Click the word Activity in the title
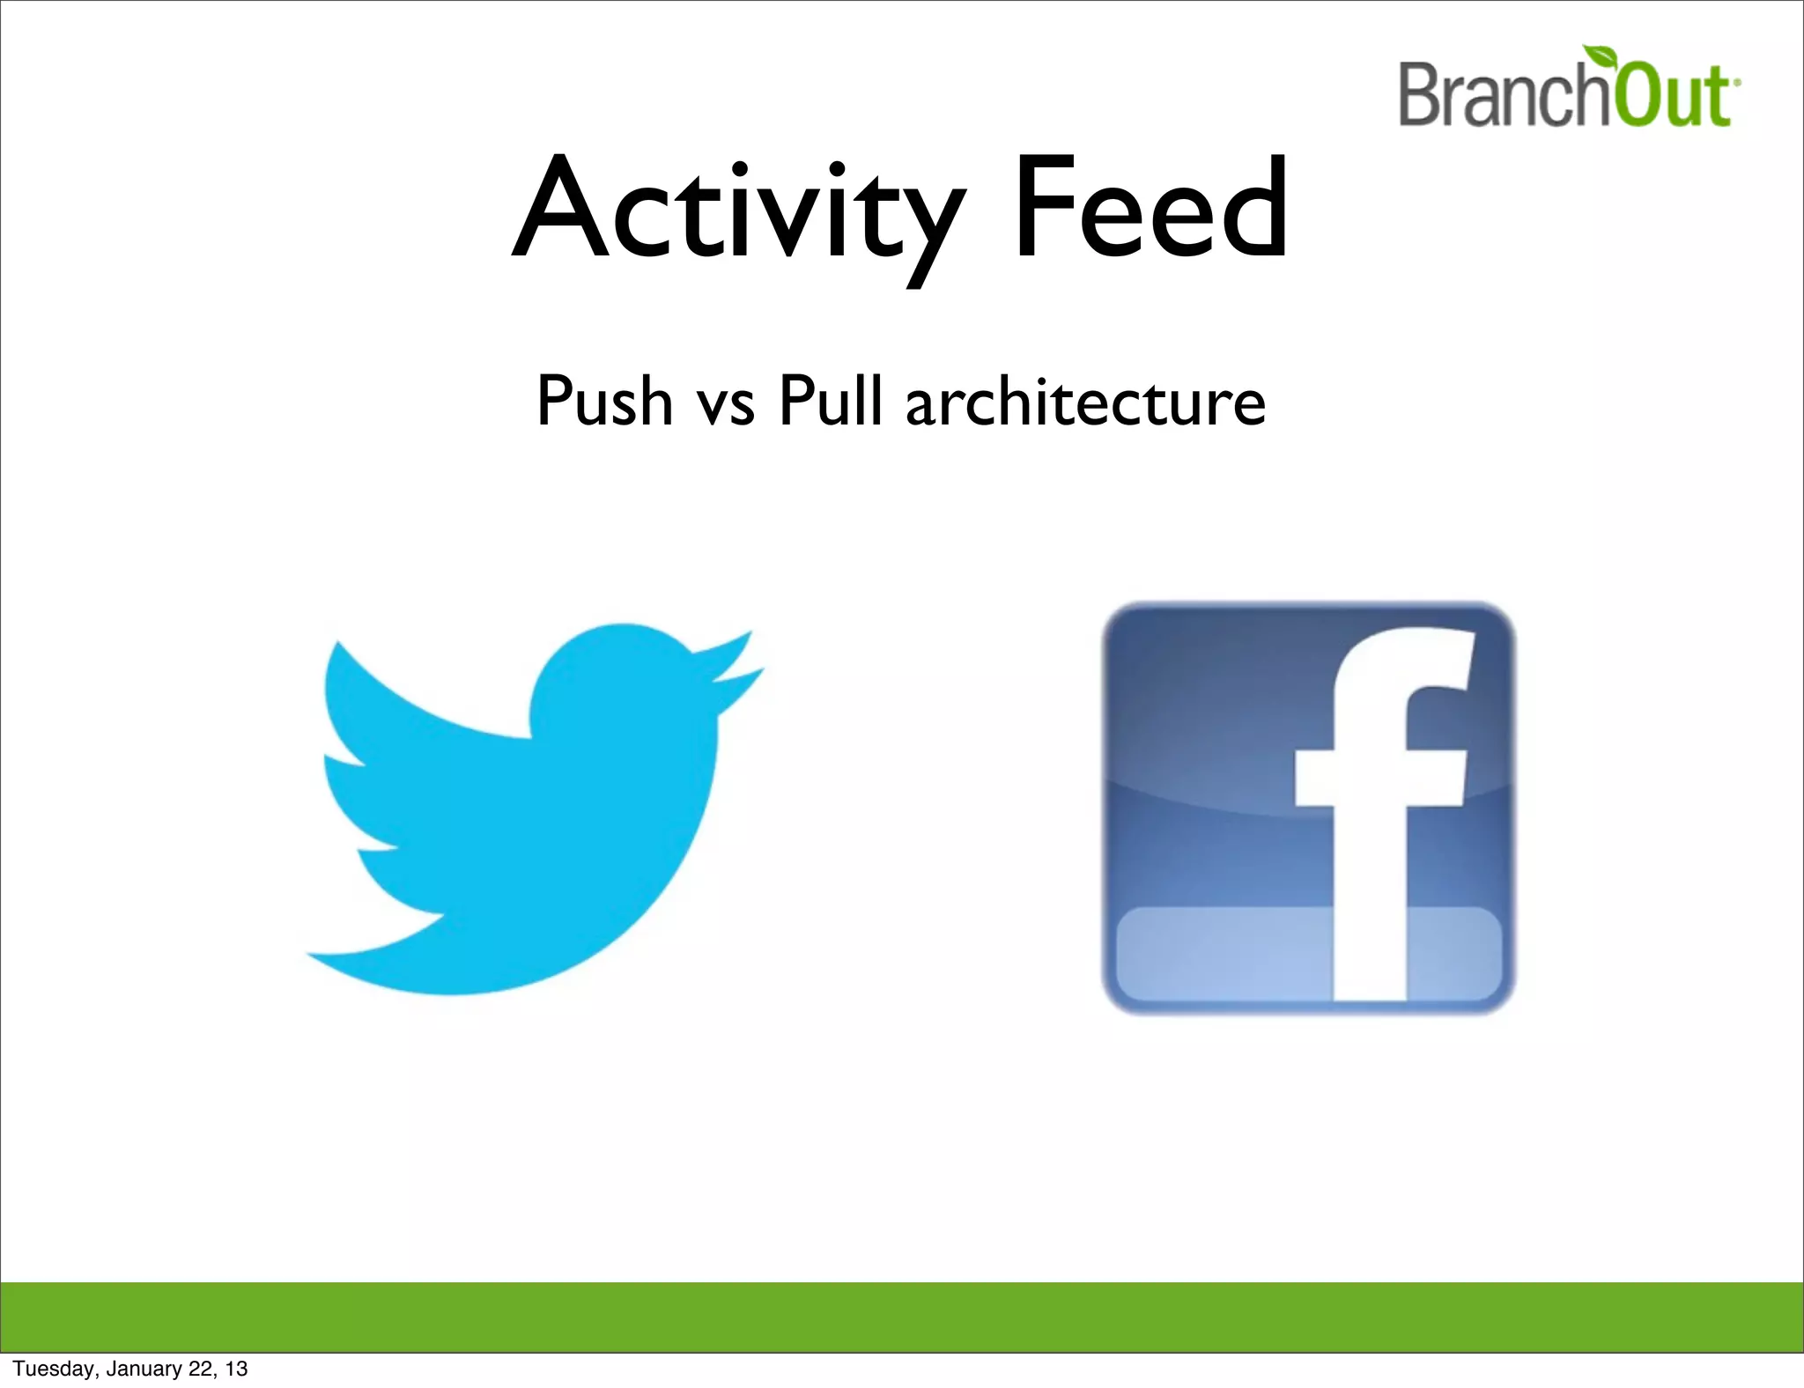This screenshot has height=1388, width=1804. click(738, 211)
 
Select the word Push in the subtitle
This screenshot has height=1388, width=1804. click(604, 402)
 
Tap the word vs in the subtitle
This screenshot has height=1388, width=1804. click(725, 405)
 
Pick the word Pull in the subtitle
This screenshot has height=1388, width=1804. click(830, 402)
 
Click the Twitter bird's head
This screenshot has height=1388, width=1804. click(625, 678)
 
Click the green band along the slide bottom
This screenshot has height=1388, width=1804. click(902, 1318)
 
